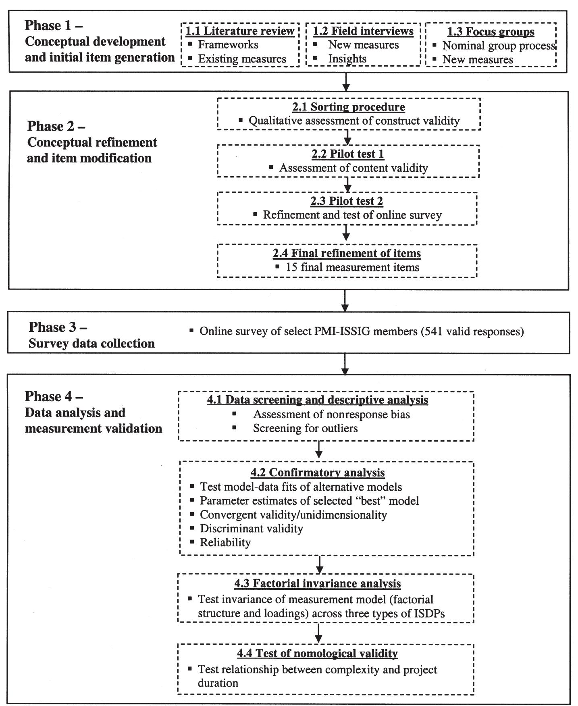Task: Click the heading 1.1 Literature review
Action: coord(240,31)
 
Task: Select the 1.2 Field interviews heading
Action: coord(363,31)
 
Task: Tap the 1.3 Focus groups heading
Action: coord(491,32)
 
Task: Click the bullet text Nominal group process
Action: coord(499,46)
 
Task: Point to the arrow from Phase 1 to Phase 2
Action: coord(345,81)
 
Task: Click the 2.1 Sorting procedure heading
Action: coord(349,107)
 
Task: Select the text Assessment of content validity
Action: coord(353,168)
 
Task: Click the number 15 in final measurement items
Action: coord(291,267)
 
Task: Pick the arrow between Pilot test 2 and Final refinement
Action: coord(346,233)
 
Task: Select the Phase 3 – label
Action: coord(58,327)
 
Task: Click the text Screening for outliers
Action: coord(305,428)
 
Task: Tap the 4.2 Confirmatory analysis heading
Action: coord(318,472)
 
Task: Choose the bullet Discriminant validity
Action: coord(251,528)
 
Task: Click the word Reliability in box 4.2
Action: coord(225,542)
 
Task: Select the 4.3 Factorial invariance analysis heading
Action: coord(317,583)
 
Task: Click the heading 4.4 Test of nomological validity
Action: coord(317,653)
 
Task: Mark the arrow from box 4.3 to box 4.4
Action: coord(318,633)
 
